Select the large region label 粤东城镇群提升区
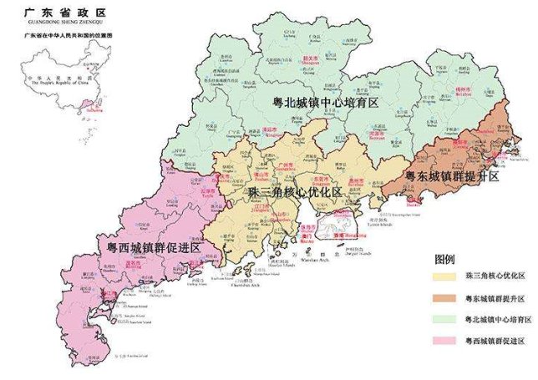451,177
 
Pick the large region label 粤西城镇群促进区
149,248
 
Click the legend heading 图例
446,258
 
